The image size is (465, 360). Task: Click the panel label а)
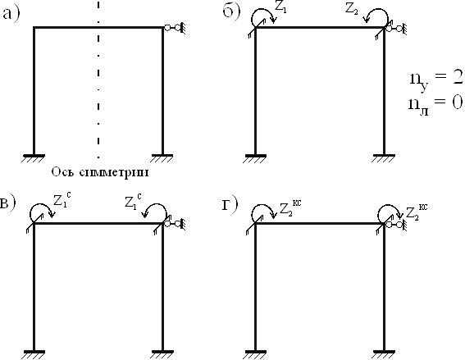(11, 14)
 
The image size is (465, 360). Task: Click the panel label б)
(231, 13)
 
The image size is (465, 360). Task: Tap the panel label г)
(230, 205)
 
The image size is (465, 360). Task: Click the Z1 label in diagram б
(280, 8)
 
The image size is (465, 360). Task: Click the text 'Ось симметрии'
(100, 172)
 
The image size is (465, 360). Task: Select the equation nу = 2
(436, 80)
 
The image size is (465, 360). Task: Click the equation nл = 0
(435, 104)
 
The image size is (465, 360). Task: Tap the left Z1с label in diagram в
(62, 201)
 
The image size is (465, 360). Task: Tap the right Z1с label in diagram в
(133, 202)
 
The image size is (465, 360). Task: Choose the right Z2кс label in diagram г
(417, 211)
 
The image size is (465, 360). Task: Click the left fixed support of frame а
(34, 158)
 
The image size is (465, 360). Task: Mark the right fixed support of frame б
(384, 158)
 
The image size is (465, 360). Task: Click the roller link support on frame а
(175, 28)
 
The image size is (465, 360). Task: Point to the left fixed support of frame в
(34, 354)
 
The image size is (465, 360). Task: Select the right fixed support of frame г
(384, 354)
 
